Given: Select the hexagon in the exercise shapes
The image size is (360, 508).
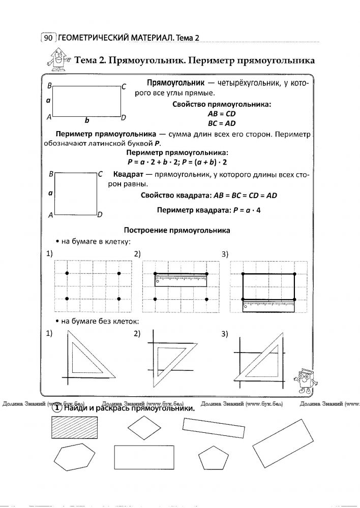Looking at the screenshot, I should tap(75, 458).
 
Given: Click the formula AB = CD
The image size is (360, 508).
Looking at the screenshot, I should tap(221, 114).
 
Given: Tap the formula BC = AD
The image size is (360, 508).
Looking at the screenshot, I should tap(222, 123).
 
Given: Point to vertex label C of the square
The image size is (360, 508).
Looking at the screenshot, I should tap(100, 174).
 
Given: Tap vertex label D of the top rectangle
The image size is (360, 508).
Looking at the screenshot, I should tap(123, 118).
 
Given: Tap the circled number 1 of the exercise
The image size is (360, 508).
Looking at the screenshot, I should tap(58, 408).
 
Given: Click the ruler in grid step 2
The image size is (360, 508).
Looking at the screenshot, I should tap(181, 280).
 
